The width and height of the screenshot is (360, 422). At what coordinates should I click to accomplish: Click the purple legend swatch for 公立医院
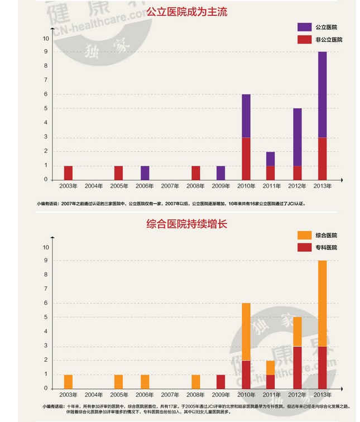304,27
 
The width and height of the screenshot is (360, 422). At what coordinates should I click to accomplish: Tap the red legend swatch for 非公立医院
304,40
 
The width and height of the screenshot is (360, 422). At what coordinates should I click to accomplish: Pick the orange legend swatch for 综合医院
304,236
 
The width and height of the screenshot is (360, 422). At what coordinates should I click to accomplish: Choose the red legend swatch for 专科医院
304,247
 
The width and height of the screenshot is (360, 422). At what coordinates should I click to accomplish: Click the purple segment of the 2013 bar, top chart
322,94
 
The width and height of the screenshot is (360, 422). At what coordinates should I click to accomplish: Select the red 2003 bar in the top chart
68,172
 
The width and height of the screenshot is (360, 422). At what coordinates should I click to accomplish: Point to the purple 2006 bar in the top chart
145,172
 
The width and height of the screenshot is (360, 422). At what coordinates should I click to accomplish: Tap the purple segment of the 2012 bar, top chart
297,137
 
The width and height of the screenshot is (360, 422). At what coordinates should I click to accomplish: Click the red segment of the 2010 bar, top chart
246,158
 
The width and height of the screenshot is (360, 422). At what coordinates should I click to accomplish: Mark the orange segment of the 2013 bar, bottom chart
322,303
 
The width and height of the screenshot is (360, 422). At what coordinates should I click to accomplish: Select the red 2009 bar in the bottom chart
220,381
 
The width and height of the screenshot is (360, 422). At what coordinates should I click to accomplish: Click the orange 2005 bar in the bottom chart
119,381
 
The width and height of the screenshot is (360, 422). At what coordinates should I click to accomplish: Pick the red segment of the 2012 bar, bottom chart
297,367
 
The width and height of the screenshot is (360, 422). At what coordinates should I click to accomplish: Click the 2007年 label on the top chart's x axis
170,186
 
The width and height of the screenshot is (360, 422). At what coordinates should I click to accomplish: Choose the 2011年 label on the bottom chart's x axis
271,395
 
